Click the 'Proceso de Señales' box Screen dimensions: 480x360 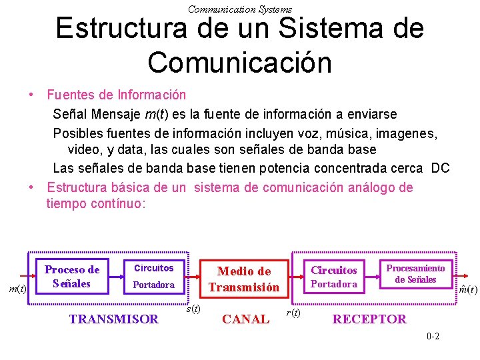[x=71, y=277]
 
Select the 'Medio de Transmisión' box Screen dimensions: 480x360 [x=244, y=279]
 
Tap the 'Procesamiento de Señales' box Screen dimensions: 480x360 [x=415, y=274]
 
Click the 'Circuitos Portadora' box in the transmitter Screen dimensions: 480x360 [x=154, y=277]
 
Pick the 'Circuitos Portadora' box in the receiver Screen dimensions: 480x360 [x=334, y=277]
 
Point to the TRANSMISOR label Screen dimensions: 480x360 [x=114, y=319]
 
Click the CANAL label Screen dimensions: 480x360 [x=245, y=319]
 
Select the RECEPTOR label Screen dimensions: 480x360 [x=369, y=319]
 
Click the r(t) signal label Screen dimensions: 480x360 [x=292, y=312]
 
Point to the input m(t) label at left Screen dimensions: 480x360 [x=17, y=289]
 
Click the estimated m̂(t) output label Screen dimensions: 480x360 [x=467, y=289]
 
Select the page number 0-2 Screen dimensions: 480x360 [x=433, y=336]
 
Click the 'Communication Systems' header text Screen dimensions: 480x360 [x=240, y=9]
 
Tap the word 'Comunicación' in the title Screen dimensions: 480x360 [x=240, y=62]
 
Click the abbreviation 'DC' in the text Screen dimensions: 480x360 [x=440, y=168]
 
